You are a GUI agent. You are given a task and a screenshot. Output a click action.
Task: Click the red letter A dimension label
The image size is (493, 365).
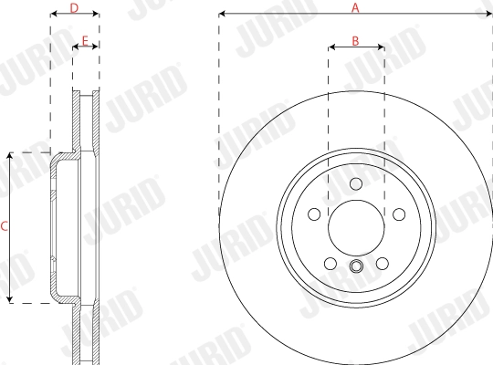point(356,6)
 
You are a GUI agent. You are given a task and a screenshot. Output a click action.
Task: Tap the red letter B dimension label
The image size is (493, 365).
point(356,41)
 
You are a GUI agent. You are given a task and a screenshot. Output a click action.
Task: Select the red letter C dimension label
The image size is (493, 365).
point(5,226)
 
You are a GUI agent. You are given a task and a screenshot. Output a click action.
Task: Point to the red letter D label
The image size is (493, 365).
point(74,7)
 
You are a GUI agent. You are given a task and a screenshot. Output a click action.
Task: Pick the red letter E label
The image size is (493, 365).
point(85,41)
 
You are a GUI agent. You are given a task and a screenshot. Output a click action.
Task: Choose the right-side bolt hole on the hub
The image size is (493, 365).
point(399,214)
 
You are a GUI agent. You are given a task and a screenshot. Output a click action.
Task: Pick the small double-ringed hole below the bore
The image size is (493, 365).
point(356,267)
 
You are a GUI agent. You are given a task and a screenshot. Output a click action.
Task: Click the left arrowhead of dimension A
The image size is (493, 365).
point(223,15)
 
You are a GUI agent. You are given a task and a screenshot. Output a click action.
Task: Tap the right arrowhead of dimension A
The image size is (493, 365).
point(488,15)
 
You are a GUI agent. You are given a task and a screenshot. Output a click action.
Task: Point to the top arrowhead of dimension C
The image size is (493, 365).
point(9,155)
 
